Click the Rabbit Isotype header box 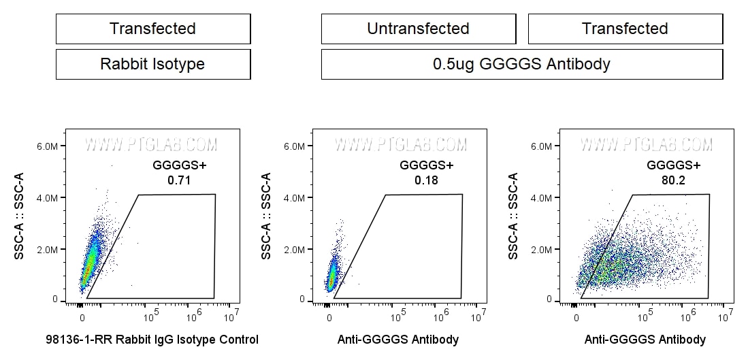click(x=152, y=65)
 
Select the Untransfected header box click(x=418, y=29)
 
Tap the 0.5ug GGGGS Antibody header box click(x=521, y=65)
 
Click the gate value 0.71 click(x=180, y=180)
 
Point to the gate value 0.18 click(x=427, y=180)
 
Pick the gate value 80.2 click(x=674, y=180)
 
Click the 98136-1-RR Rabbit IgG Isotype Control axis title click(x=152, y=339)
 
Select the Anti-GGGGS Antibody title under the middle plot click(x=398, y=339)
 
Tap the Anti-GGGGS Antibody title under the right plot click(x=645, y=339)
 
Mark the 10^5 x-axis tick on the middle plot click(x=398, y=314)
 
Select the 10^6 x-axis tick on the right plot click(x=689, y=314)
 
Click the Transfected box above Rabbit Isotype click(x=152, y=29)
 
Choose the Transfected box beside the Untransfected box click(x=625, y=29)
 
